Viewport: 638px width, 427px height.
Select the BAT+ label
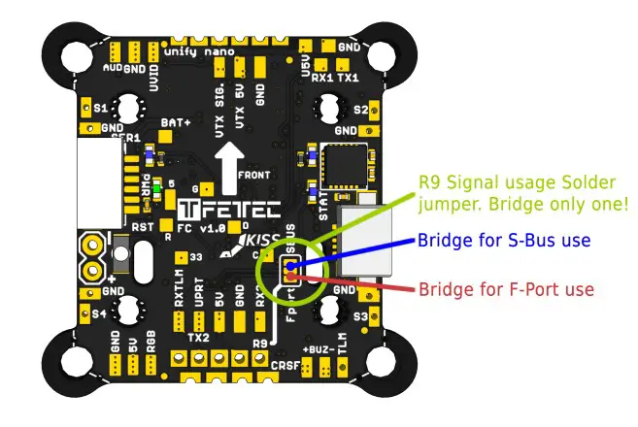click(x=176, y=123)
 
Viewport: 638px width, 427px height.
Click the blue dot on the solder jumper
click(x=290, y=263)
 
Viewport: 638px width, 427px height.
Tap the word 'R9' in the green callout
click(x=429, y=182)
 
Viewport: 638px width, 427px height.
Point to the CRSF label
click(x=285, y=366)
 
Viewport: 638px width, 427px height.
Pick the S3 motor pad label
click(x=360, y=316)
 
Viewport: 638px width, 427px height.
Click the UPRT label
click(x=199, y=298)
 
